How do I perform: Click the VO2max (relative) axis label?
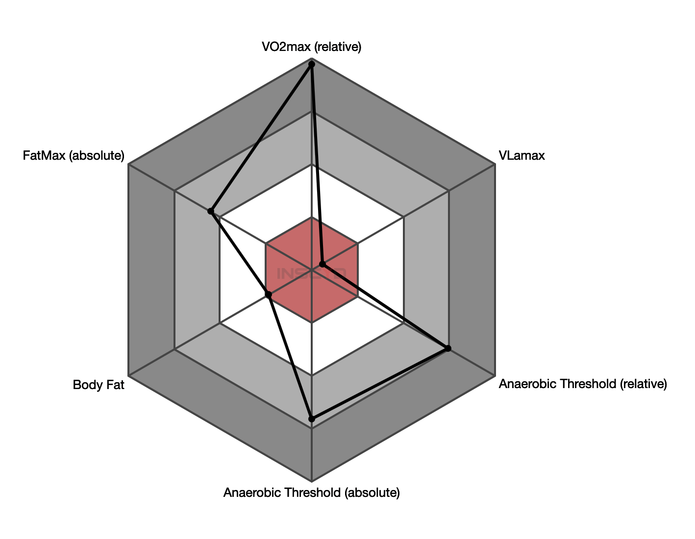click(x=311, y=47)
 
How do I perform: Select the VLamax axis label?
click(x=521, y=156)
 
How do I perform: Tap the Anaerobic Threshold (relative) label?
click(x=583, y=384)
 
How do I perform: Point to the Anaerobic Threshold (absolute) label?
click(x=311, y=492)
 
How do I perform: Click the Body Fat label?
click(x=99, y=385)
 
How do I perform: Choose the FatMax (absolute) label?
click(x=74, y=156)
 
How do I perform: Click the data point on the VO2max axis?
click(x=311, y=64)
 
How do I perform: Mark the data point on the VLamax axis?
click(x=323, y=264)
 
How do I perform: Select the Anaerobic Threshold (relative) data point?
click(x=448, y=348)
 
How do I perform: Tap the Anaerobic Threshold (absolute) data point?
click(x=311, y=418)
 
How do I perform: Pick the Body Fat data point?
click(x=268, y=294)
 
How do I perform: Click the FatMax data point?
click(x=210, y=211)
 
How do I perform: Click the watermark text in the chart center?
click(x=311, y=272)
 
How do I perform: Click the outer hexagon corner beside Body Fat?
click(x=128, y=376)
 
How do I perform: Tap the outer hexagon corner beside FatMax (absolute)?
click(x=128, y=165)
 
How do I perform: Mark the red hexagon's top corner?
click(x=312, y=217)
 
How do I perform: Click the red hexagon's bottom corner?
click(x=312, y=322)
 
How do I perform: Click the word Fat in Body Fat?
click(x=115, y=385)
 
